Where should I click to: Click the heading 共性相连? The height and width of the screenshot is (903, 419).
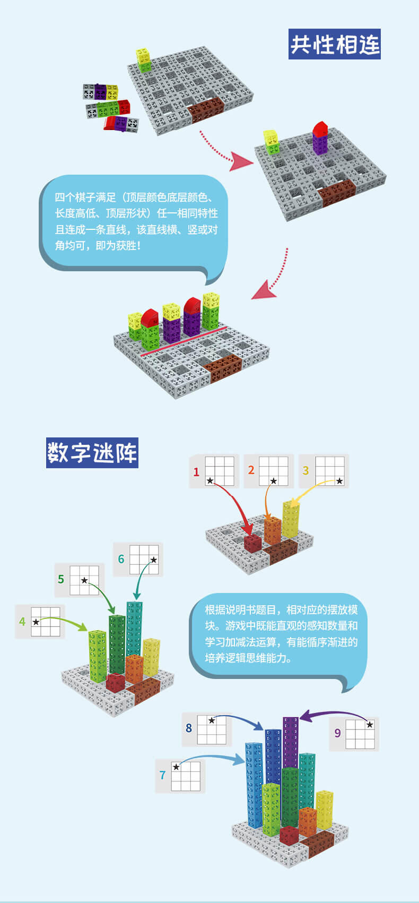tap(335, 44)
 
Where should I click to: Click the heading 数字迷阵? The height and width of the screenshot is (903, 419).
tap(92, 453)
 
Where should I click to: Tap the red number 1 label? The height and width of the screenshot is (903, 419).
tap(196, 471)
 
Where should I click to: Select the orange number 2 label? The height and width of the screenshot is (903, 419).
tap(251, 470)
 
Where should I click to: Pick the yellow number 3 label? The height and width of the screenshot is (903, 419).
tap(305, 470)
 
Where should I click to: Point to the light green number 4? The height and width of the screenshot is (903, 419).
tap(22, 621)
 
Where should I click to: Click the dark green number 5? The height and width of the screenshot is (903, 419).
tap(61, 579)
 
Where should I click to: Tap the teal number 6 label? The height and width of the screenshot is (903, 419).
tap(121, 559)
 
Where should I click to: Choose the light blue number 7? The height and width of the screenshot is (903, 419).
tap(163, 775)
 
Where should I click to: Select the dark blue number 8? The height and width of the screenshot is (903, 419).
tap(189, 728)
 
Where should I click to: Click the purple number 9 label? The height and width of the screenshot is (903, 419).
tap(337, 733)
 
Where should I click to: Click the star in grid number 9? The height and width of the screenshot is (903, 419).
tap(370, 725)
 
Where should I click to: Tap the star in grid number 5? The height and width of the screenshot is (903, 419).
tap(84, 580)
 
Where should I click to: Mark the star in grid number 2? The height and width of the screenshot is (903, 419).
tap(273, 481)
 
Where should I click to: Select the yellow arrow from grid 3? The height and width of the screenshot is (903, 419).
tap(308, 492)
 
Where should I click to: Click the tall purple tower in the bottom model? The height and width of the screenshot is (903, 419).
tap(291, 743)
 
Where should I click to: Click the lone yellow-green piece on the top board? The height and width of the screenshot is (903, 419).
tap(143, 59)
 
